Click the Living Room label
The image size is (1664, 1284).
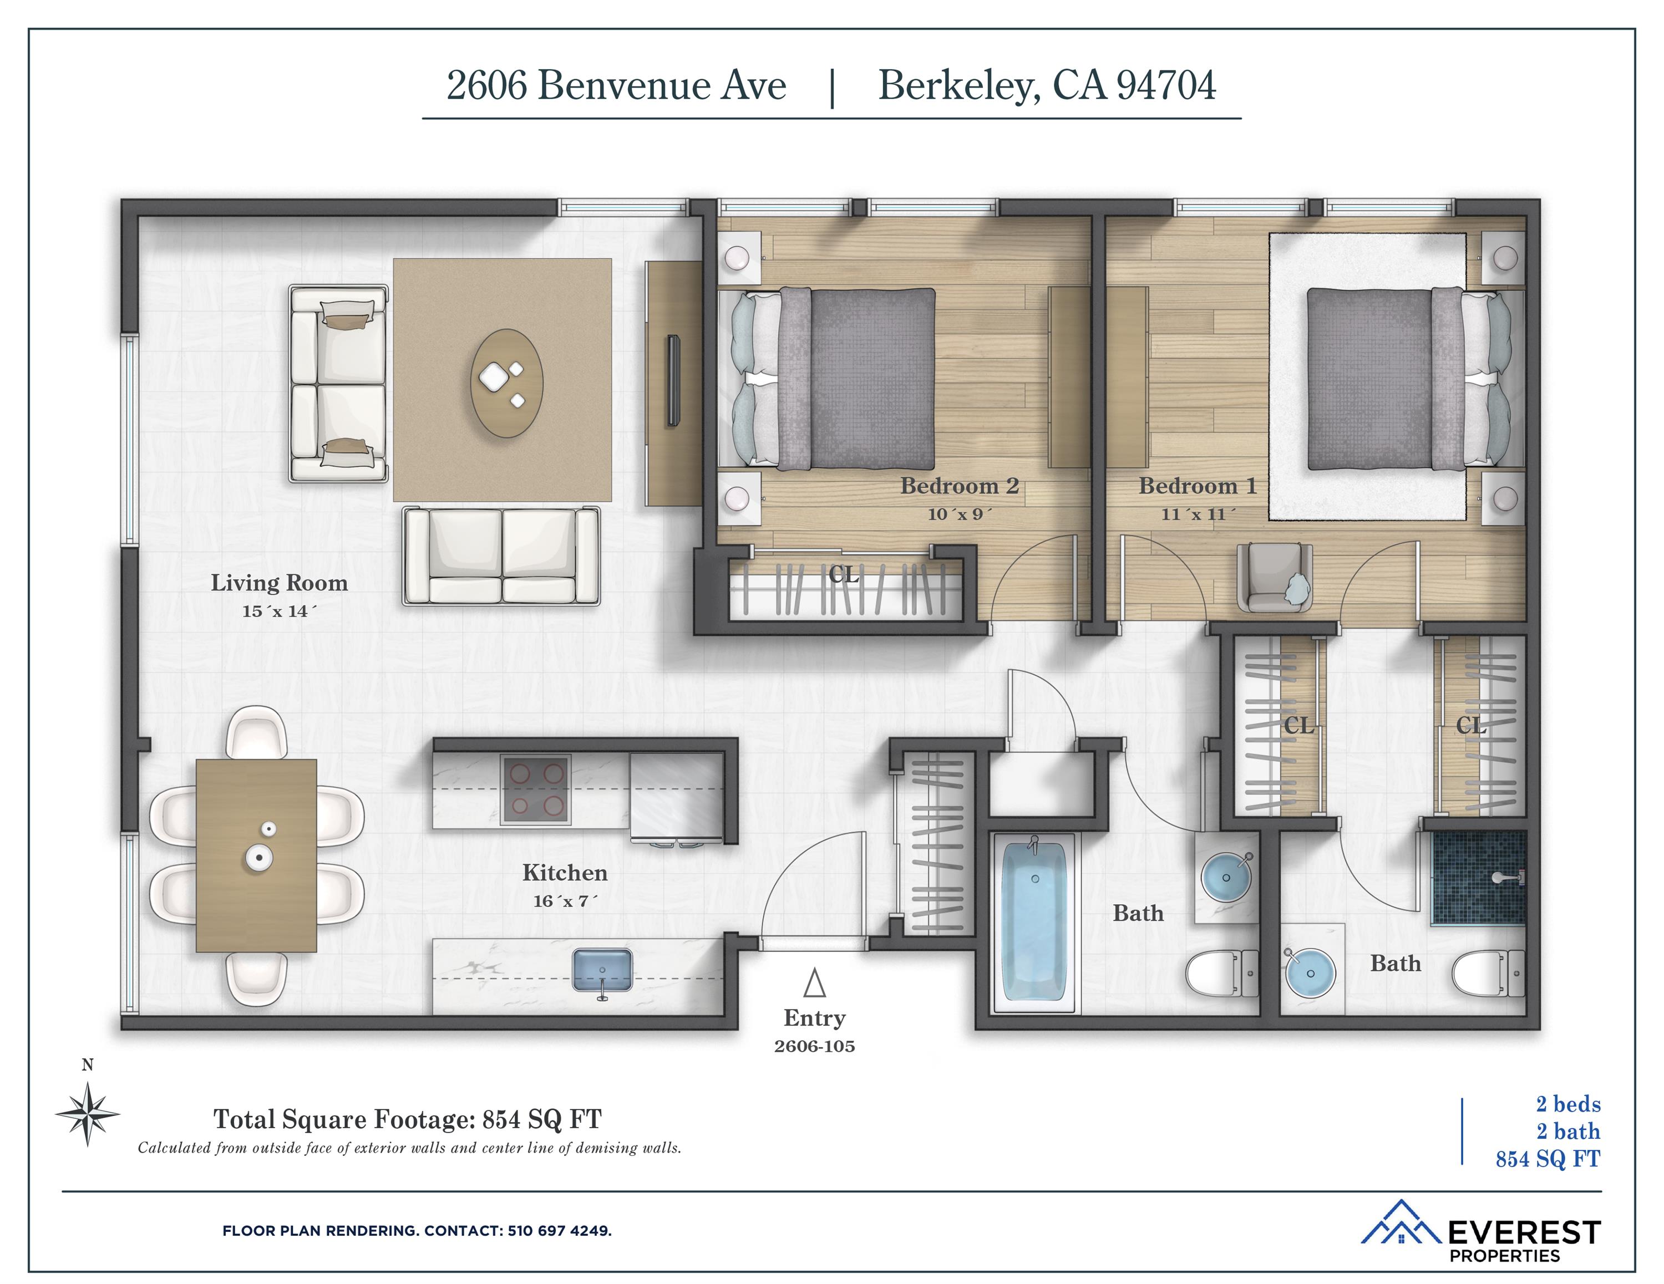[279, 583]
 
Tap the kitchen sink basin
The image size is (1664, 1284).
[602, 970]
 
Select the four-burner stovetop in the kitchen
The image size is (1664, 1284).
[536, 789]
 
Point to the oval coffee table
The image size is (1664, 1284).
[506, 383]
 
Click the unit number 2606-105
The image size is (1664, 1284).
[814, 1046]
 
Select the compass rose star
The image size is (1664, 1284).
[88, 1115]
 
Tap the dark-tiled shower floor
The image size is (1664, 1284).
[1478, 878]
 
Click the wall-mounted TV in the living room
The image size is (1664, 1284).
[673, 379]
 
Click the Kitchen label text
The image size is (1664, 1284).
[565, 873]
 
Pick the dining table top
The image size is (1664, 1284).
[256, 855]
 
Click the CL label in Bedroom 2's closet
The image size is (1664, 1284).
[844, 575]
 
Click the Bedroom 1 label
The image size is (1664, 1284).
[1197, 486]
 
